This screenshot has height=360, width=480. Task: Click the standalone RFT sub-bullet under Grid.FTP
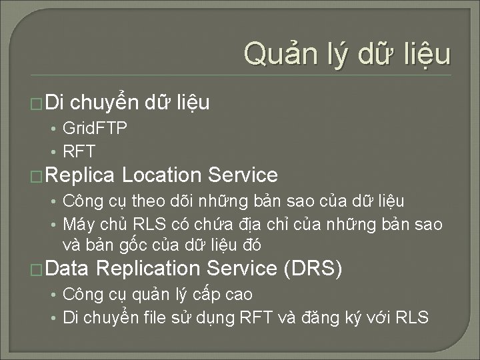(79, 151)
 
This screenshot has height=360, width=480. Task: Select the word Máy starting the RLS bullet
(77, 225)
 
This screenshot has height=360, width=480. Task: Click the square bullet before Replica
(38, 177)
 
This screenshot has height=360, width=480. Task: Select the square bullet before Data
(38, 270)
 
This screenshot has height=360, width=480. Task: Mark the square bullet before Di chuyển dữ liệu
(38, 104)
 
